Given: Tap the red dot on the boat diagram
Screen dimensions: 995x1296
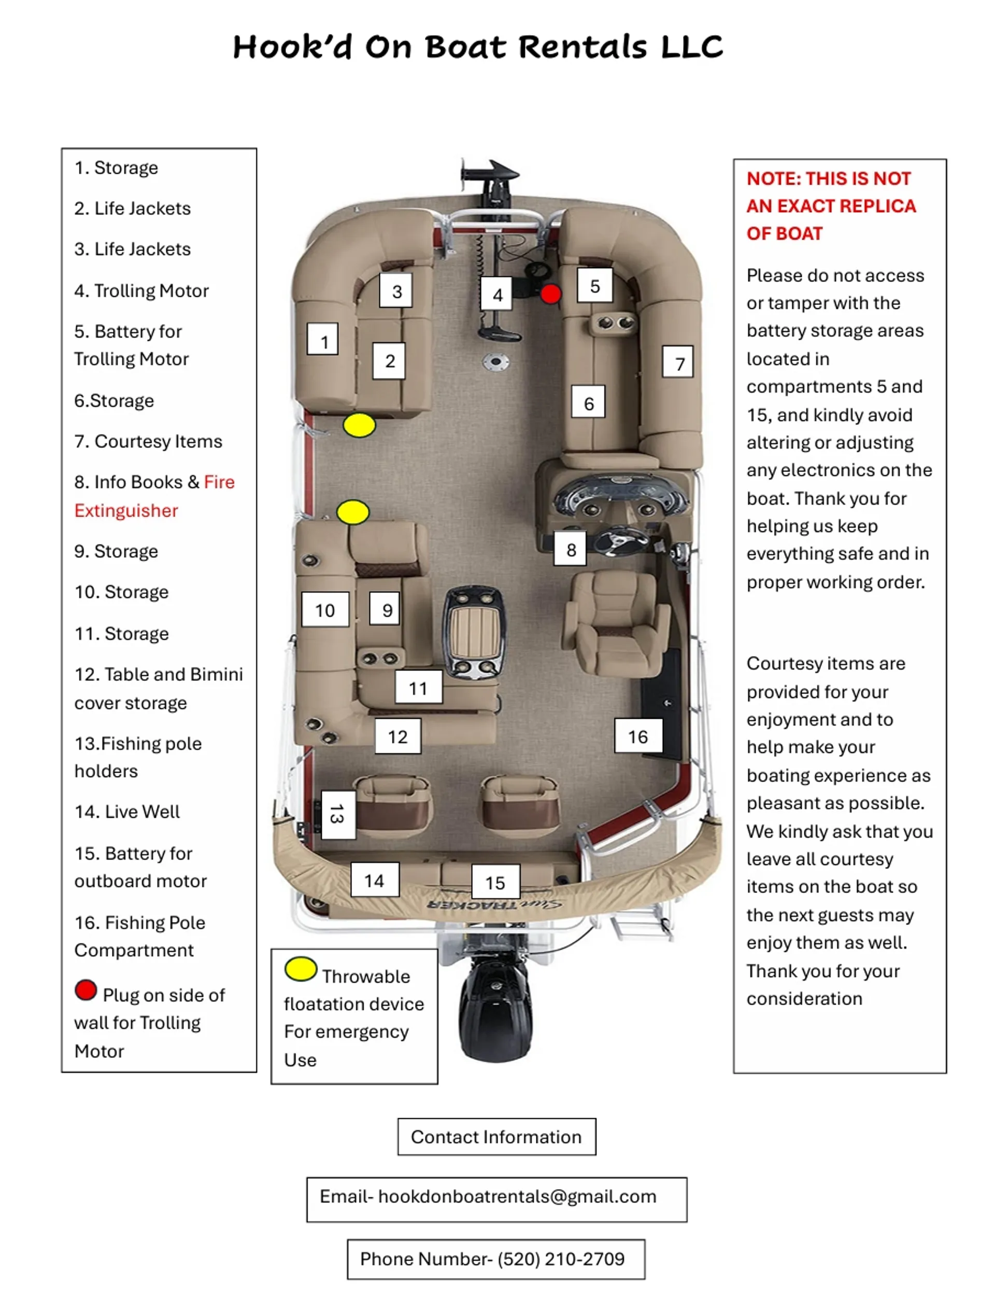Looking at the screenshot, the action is tap(551, 294).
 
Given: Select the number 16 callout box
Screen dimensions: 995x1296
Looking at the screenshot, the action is tap(638, 735).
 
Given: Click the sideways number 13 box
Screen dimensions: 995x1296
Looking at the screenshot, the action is tap(338, 814).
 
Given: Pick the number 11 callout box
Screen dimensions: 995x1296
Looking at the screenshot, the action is tap(418, 687).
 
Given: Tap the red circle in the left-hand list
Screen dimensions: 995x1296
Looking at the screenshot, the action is tap(86, 990).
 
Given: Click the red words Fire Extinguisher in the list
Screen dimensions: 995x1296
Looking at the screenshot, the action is tap(154, 496).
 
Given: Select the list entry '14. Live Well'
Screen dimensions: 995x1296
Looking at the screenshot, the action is tap(127, 811).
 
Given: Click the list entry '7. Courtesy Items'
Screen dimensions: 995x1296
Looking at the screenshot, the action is tap(148, 441).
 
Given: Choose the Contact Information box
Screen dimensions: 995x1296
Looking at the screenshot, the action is tap(496, 1137).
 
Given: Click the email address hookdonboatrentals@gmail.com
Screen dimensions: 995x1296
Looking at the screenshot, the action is tap(517, 1196).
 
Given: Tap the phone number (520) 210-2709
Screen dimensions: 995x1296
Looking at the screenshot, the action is tap(561, 1259).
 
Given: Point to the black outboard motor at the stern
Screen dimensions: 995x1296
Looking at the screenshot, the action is tap(496, 1008).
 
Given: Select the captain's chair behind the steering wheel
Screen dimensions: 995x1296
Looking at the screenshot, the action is tap(616, 623).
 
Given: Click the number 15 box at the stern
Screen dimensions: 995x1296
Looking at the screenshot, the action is tap(495, 882).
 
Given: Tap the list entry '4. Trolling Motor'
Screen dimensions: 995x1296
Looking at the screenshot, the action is tap(141, 291).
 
